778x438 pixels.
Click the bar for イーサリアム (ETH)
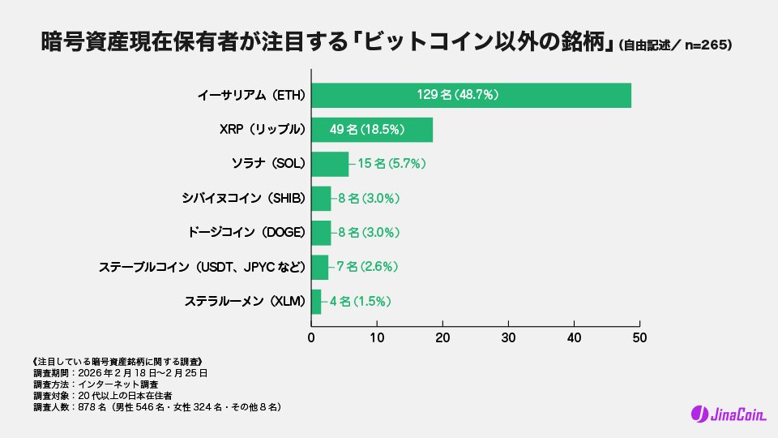tap(471, 95)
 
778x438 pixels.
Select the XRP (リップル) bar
tap(372, 130)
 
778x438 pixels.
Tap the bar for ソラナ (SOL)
tap(330, 164)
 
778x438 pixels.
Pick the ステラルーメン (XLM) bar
tap(316, 301)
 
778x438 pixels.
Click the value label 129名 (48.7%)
tap(458, 95)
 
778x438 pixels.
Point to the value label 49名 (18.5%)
tap(367, 130)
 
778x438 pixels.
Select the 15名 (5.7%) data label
tap(391, 164)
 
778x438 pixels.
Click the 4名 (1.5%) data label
tap(361, 301)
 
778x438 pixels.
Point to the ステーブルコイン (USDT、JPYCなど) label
tap(202, 267)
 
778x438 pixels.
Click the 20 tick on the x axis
tap(442, 336)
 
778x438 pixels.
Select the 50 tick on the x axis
tap(639, 336)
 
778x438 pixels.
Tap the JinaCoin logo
tap(724, 414)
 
